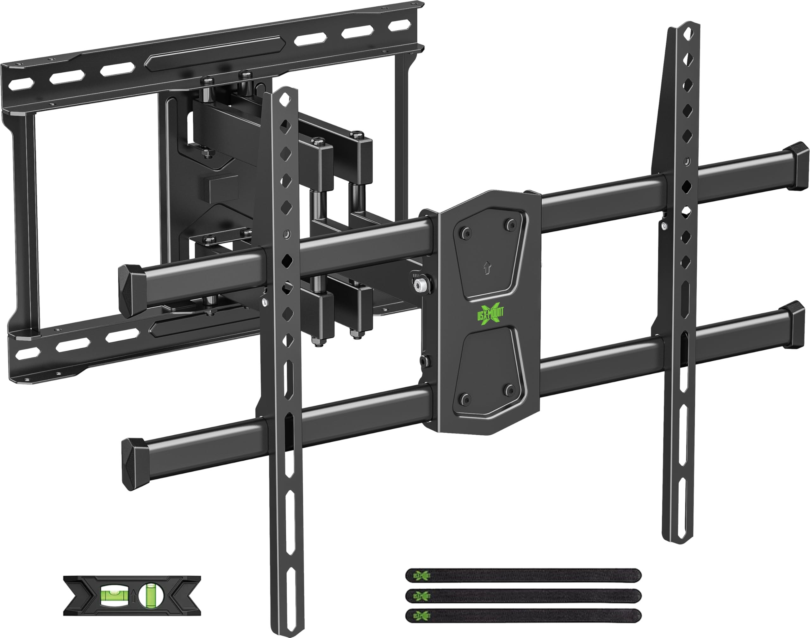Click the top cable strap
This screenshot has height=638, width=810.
tap(523, 576)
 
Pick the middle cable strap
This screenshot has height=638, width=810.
tap(523, 595)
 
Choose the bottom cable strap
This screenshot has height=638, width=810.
tap(523, 615)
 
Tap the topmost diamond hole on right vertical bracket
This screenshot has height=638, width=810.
tap(687, 34)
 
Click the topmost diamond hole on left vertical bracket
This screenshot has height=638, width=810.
tap(286, 99)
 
